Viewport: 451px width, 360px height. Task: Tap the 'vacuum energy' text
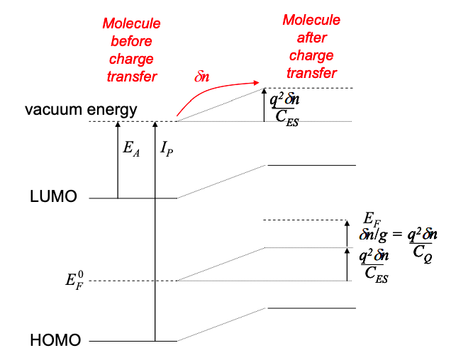pos(80,111)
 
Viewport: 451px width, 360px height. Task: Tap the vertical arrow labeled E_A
pos(118,159)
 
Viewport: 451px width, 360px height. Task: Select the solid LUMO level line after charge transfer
pos(310,165)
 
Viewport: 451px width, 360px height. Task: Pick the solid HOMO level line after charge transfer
pos(310,308)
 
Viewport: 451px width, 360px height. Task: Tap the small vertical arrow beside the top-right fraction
pos(264,105)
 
